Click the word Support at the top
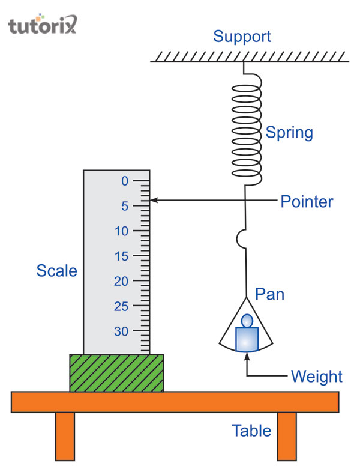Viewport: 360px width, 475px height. (x=242, y=37)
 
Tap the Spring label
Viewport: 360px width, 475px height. (x=289, y=132)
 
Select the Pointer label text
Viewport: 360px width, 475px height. (x=307, y=201)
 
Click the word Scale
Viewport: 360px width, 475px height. (x=57, y=271)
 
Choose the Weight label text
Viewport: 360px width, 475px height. (x=316, y=377)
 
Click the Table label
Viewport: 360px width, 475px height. (x=252, y=431)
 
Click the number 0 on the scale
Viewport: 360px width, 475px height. (x=125, y=181)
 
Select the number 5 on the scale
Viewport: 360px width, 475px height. (x=125, y=206)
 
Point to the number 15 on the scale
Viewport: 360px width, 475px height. (x=122, y=256)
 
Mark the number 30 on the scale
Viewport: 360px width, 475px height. (x=122, y=331)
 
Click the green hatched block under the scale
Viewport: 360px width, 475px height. (x=116, y=373)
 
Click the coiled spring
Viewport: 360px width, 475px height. (x=246, y=132)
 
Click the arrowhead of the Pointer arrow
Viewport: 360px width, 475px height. (x=154, y=201)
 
